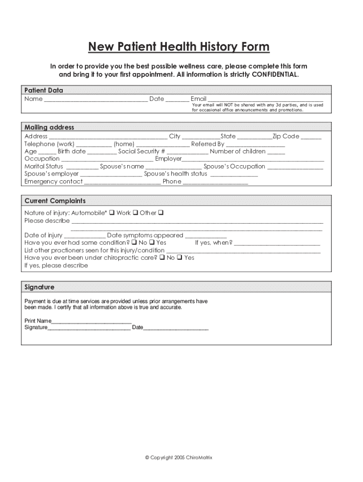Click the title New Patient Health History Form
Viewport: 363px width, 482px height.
(x=179, y=47)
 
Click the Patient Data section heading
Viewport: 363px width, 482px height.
(x=44, y=90)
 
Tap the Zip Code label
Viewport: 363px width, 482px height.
(x=286, y=136)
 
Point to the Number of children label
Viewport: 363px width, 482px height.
(x=238, y=151)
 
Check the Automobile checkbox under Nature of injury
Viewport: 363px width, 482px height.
(x=112, y=213)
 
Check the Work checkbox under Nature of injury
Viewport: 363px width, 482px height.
(x=135, y=213)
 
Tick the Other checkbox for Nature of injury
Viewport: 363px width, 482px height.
(x=161, y=213)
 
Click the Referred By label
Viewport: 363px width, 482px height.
(x=207, y=144)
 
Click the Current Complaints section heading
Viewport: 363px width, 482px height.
(x=55, y=201)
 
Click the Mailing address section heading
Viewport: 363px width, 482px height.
(x=49, y=127)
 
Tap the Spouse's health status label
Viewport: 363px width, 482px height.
(x=175, y=174)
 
